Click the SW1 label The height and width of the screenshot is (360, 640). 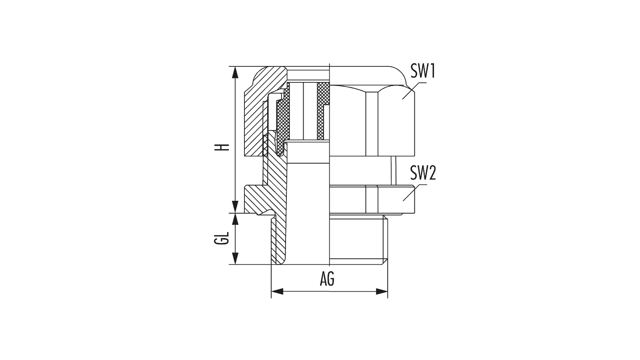click(423, 72)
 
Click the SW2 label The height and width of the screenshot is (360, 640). click(423, 174)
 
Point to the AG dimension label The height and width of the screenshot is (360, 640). click(327, 280)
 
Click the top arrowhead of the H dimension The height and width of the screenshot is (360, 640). click(236, 71)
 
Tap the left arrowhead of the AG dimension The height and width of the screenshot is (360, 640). click(276, 292)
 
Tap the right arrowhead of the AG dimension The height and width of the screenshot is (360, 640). click(382, 292)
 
